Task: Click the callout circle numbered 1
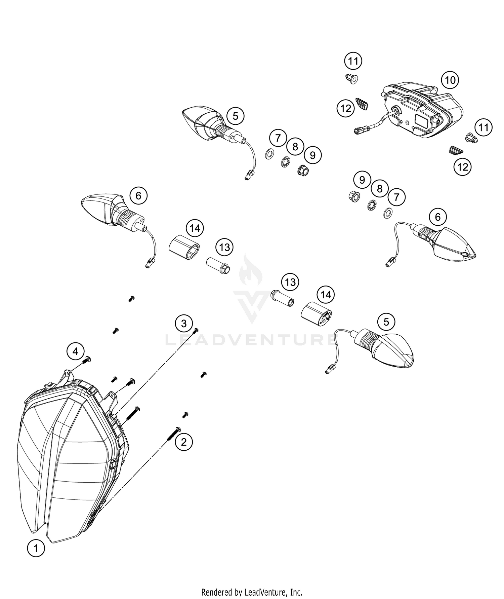[x=36, y=549]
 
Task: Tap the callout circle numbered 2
[x=183, y=442]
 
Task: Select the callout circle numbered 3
[x=184, y=324]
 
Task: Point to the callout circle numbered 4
[x=75, y=351]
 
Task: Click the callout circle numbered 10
[x=450, y=80]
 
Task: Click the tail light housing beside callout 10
[x=422, y=109]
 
